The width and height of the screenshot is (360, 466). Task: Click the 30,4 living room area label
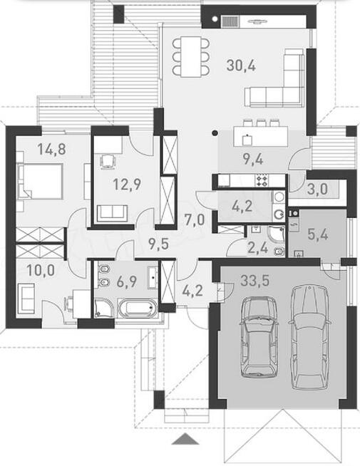click(241, 65)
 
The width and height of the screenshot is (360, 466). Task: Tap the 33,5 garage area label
click(254, 280)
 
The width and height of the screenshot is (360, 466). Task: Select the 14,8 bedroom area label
click(52, 149)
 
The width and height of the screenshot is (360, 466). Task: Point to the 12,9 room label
click(127, 184)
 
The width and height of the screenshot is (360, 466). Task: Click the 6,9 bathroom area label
click(127, 281)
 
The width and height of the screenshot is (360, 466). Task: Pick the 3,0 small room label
click(317, 189)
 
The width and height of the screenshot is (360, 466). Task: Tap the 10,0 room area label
click(41, 270)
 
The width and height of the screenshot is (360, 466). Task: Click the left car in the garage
click(258, 337)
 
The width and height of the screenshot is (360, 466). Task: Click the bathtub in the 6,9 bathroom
click(138, 308)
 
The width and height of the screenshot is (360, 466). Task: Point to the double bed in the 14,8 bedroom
click(40, 181)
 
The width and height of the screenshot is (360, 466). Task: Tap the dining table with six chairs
click(191, 56)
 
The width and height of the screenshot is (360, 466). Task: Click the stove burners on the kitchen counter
click(262, 180)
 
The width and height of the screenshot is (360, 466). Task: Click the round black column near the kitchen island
click(214, 133)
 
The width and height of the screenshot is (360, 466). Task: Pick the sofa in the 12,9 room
click(113, 212)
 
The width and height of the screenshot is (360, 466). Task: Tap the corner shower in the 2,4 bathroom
click(276, 234)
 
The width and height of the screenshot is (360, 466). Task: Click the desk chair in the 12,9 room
click(108, 162)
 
